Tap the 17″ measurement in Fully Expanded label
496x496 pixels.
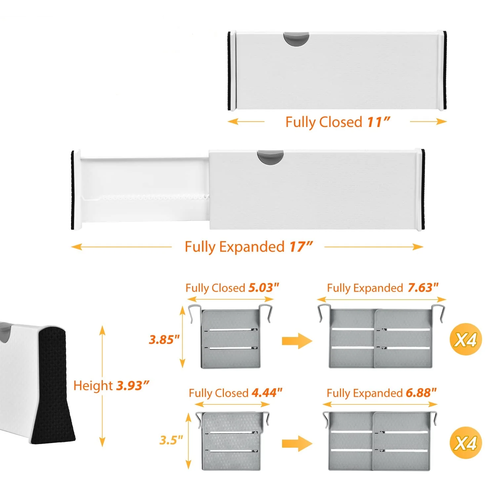[301, 247]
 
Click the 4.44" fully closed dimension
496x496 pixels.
[267, 393]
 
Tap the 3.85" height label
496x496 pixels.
[164, 340]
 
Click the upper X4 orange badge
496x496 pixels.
[466, 340]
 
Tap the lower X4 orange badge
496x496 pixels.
[466, 443]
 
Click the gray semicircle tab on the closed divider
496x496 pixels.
[296, 38]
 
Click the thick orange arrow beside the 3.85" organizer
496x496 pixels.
[297, 341]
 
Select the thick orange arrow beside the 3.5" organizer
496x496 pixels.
[297, 443]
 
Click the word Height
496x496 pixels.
[93, 386]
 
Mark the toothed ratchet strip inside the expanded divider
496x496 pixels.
[145, 198]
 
